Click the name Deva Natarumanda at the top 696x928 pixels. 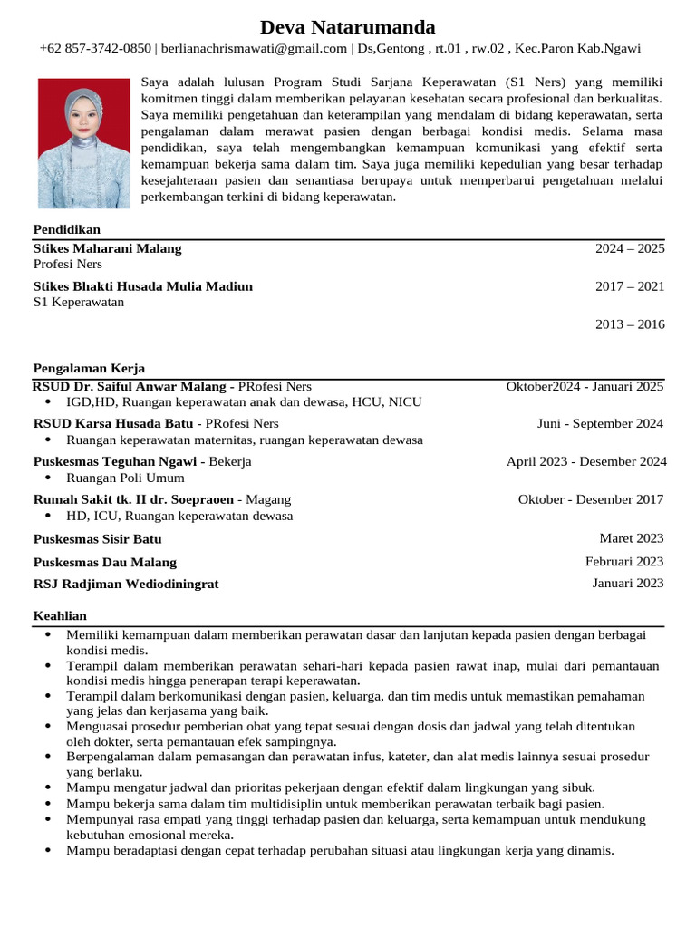pyautogui.click(x=348, y=26)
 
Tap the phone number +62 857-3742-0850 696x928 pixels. pyautogui.click(x=95, y=49)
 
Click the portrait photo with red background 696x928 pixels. pyautogui.click(x=83, y=143)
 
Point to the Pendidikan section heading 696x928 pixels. pyautogui.click(x=67, y=229)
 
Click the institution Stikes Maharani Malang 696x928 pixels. pyautogui.click(x=107, y=248)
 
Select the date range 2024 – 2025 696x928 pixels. pyautogui.click(x=629, y=248)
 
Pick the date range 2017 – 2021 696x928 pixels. pyautogui.click(x=629, y=286)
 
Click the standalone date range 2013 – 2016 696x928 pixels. pyautogui.click(x=629, y=324)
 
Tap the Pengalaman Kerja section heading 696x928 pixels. pyautogui.click(x=89, y=368)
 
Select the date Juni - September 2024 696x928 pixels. pyautogui.click(x=600, y=423)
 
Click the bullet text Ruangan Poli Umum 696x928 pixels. pyautogui.click(x=125, y=478)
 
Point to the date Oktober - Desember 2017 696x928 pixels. pyautogui.click(x=590, y=499)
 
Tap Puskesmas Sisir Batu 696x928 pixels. pyautogui.click(x=98, y=539)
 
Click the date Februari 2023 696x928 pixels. pyautogui.click(x=624, y=561)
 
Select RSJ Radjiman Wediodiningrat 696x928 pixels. pyautogui.click(x=126, y=585)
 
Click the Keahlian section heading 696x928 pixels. pyautogui.click(x=60, y=616)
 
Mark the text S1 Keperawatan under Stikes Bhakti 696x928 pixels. pyautogui.click(x=79, y=303)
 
